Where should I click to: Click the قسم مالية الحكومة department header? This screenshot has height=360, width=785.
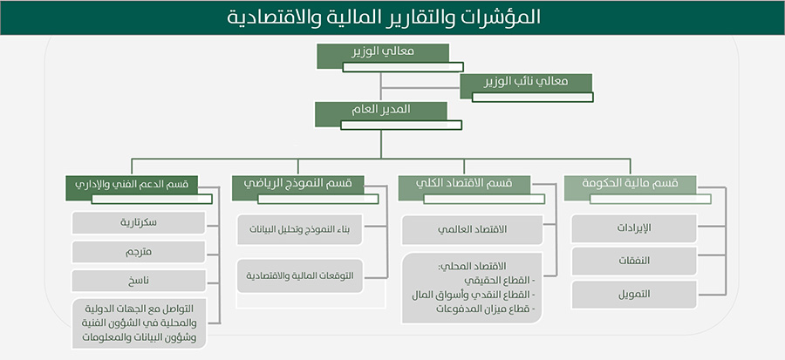click(x=631, y=185)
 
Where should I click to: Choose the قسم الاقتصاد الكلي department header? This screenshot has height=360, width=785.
click(x=464, y=185)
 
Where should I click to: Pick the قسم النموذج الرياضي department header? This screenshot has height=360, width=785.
click(x=298, y=185)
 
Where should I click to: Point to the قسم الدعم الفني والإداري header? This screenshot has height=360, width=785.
click(x=132, y=185)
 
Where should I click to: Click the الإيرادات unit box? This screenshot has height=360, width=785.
click(x=634, y=228)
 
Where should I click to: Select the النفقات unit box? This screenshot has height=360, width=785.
click(x=634, y=261)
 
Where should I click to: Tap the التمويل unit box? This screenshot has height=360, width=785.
click(x=634, y=295)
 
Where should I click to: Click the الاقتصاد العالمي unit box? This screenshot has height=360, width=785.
click(x=473, y=230)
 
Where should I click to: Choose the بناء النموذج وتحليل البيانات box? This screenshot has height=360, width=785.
click(x=299, y=230)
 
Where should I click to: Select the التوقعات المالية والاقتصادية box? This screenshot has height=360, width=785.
click(x=299, y=275)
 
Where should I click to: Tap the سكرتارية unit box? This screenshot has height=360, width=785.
click(x=139, y=223)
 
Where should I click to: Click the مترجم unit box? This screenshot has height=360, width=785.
click(x=139, y=252)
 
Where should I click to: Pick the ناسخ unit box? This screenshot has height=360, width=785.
click(x=139, y=281)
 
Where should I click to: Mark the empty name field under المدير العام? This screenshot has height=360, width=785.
click(x=401, y=125)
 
